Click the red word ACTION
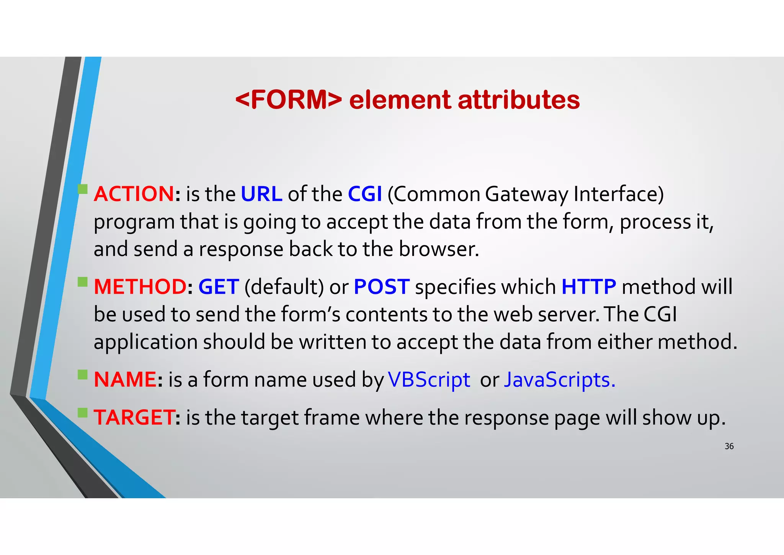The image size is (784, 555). (134, 194)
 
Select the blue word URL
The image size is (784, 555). (261, 194)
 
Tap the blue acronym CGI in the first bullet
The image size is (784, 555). (365, 194)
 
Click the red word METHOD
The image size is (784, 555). (140, 287)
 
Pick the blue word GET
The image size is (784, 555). (219, 287)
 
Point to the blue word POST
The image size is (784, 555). (382, 287)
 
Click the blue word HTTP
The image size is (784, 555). (589, 287)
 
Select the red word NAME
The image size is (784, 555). (125, 379)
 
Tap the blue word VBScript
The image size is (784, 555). (429, 380)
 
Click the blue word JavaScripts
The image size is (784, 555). (559, 380)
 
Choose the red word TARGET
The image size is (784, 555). (134, 417)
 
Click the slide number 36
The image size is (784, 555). (729, 446)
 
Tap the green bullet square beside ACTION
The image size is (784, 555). (83, 189)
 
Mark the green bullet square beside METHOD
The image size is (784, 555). (83, 282)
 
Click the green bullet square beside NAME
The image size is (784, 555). (83, 374)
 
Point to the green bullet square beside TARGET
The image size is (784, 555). (83, 412)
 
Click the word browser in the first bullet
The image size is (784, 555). (439, 249)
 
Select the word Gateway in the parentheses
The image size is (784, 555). (527, 194)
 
